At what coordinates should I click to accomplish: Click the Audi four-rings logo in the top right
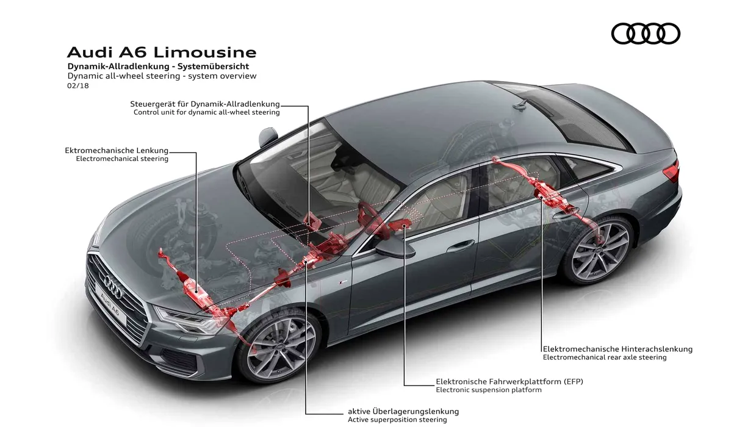[x=646, y=34]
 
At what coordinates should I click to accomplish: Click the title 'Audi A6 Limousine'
[x=162, y=52]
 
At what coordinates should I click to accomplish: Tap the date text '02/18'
[x=78, y=85]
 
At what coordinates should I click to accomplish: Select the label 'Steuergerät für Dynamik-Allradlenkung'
[x=205, y=104]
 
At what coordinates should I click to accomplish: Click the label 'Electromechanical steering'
[x=122, y=159]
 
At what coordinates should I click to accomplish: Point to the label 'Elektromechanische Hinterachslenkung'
[x=617, y=349]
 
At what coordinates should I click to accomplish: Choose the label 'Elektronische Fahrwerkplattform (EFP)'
[x=509, y=381]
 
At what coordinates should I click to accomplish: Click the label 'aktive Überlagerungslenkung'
[x=403, y=412]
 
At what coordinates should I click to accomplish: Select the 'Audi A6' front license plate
[x=110, y=304]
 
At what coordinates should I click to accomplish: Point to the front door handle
[x=460, y=245]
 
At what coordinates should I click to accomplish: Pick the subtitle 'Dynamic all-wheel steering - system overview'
[x=162, y=76]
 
